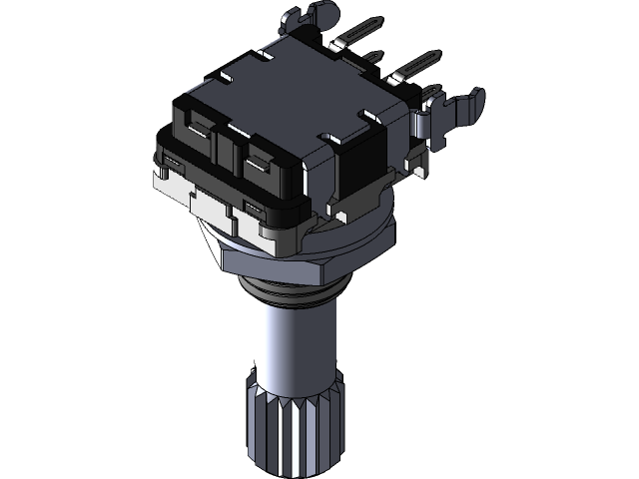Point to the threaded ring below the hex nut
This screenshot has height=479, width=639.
pyautogui.click(x=295, y=290)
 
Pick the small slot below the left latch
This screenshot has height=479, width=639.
pyautogui.click(x=172, y=162)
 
